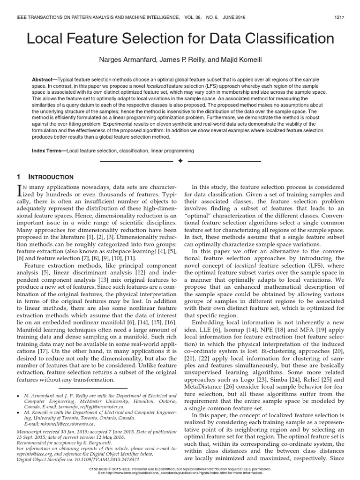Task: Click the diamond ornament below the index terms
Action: pyautogui.click(x=180, y=161)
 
